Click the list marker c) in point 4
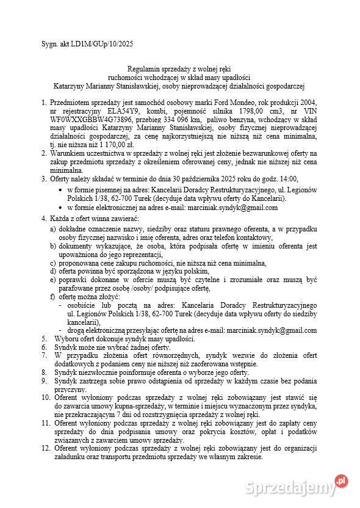pos(53,263)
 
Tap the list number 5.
pos(43,338)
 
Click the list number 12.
pos(45,448)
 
